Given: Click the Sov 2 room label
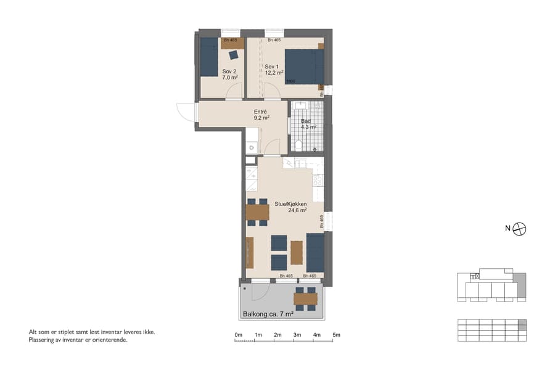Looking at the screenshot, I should pyautogui.click(x=229, y=75).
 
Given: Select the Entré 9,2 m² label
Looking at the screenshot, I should pyautogui.click(x=261, y=114).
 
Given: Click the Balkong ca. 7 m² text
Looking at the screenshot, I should pyautogui.click(x=267, y=314).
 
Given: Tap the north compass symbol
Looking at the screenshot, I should pyautogui.click(x=520, y=228).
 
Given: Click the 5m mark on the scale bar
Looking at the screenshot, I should pyautogui.click(x=336, y=335).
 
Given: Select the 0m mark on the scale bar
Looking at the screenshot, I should pyautogui.click(x=238, y=335).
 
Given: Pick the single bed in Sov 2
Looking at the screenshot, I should pyautogui.click(x=209, y=57).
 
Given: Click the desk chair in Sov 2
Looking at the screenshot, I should pyautogui.click(x=234, y=55).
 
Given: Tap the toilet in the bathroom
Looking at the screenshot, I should pyautogui.click(x=299, y=146).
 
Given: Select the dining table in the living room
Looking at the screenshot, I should pyautogui.click(x=257, y=212).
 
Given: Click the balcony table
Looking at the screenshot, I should pyautogui.click(x=305, y=299).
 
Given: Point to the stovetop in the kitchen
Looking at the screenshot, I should pyautogui.click(x=318, y=181).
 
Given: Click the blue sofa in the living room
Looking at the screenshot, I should pyautogui.click(x=315, y=252).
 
